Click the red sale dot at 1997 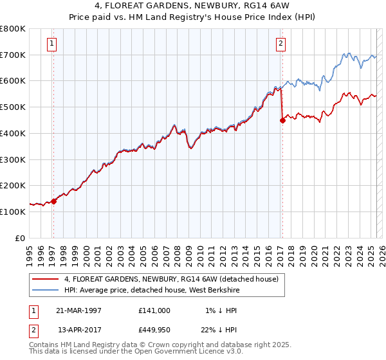(54, 201)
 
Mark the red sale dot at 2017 (282, 120)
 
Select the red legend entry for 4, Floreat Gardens (170, 279)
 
